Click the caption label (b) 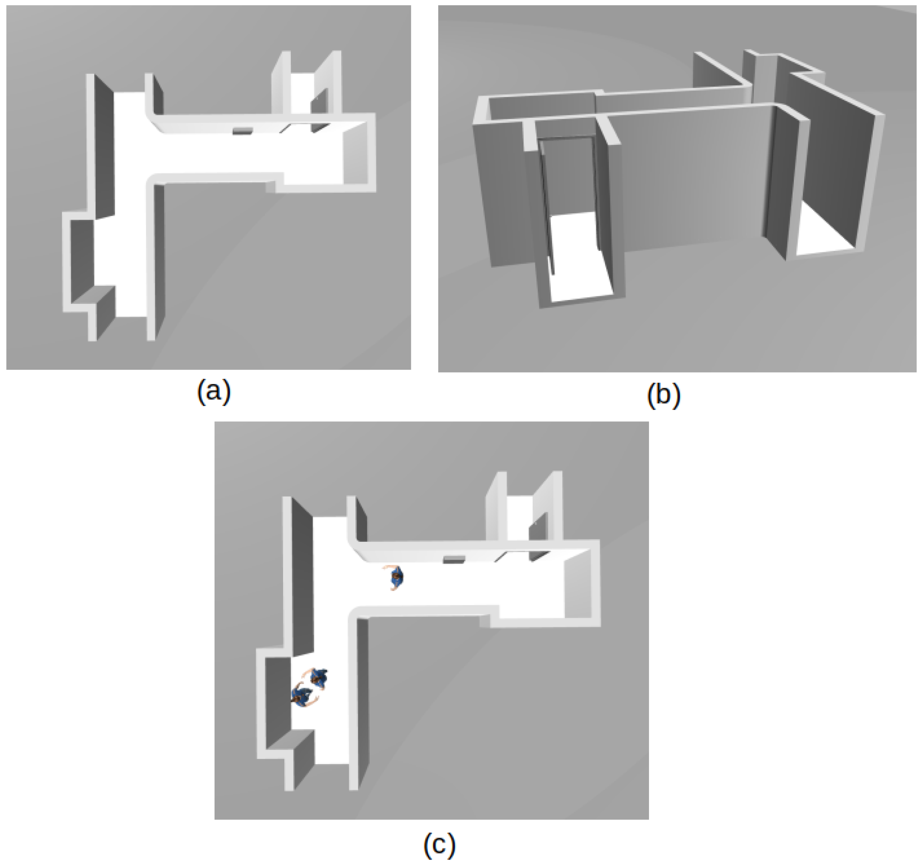pos(663,395)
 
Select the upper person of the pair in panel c pos(318,677)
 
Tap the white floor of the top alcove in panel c pos(518,517)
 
